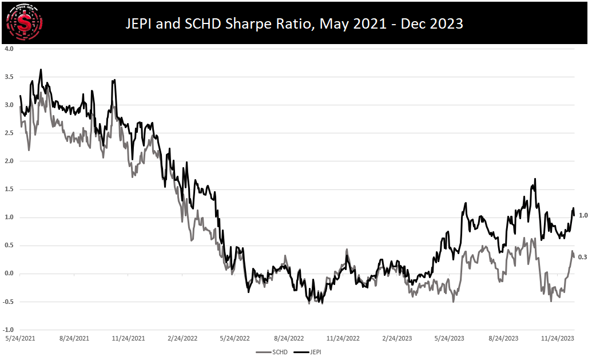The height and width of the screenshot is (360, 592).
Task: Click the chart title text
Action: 294,24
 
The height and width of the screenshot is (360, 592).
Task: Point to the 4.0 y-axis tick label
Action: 9,49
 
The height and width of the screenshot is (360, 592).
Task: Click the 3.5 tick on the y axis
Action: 9,77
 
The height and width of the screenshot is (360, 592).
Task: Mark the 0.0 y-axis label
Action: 9,274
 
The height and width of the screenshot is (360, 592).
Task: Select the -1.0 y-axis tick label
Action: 9,330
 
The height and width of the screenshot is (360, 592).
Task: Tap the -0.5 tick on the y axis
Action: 9,302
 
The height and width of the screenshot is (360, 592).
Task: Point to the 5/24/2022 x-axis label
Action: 235,339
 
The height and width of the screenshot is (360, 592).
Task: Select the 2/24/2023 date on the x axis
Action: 397,339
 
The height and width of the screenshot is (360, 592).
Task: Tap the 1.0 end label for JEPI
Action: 583,215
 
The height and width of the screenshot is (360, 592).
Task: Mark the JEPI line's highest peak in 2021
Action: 41,70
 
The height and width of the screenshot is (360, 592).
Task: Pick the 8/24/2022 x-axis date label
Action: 289,339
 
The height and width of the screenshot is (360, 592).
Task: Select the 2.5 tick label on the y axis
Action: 9,133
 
